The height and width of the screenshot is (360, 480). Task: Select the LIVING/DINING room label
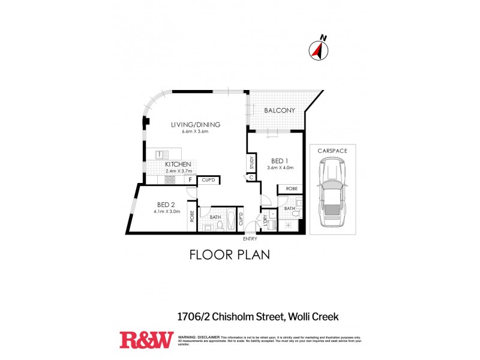pyautogui.click(x=196, y=125)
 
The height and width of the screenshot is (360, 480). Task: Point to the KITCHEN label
pyautogui.click(x=178, y=164)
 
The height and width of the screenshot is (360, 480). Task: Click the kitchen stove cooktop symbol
pyautogui.click(x=170, y=179)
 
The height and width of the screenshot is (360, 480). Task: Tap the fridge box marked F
pyautogui.click(x=190, y=179)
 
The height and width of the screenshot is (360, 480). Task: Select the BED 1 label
pyautogui.click(x=280, y=161)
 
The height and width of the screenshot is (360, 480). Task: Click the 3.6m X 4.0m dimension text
pyautogui.click(x=280, y=167)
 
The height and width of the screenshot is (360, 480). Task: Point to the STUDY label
pyautogui.click(x=252, y=163)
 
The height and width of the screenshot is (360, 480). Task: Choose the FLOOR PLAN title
pyautogui.click(x=229, y=254)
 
